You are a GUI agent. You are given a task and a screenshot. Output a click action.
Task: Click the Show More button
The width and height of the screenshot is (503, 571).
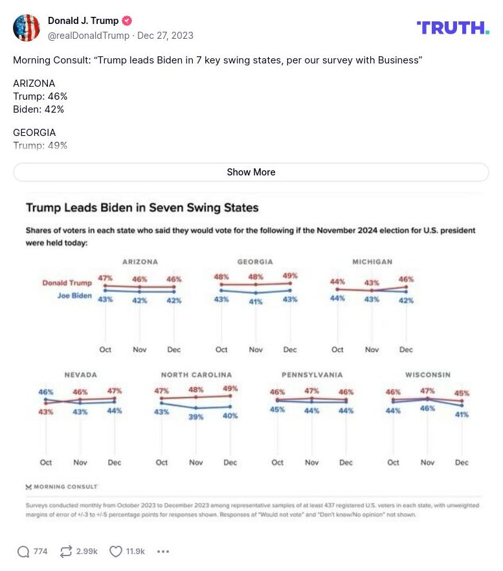251,172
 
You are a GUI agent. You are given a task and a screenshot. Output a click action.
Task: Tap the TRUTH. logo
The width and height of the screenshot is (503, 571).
453,27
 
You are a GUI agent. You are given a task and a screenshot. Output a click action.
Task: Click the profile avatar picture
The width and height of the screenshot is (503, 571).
27,28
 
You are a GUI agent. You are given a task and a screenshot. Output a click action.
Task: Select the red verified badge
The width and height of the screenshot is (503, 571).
128,21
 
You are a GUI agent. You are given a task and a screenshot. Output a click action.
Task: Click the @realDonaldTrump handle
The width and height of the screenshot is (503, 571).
88,36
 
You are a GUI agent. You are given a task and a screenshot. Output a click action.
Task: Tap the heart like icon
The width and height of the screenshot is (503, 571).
115,552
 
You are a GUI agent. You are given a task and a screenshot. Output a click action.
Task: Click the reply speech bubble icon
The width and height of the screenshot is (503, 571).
23,552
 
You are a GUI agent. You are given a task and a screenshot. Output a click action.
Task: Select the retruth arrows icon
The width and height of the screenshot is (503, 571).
65,552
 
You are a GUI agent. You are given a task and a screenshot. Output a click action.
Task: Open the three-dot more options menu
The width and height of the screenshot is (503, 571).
163,552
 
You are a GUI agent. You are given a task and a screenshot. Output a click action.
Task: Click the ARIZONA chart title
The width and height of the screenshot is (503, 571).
140,262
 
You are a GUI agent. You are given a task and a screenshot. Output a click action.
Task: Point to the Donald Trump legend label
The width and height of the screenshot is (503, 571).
67,283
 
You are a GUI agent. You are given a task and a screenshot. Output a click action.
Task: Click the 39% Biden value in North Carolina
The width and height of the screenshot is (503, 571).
196,418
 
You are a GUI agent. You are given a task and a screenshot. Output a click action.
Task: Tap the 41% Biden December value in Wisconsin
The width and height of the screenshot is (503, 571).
461,414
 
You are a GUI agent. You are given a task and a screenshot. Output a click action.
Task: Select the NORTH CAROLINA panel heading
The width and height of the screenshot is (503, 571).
196,375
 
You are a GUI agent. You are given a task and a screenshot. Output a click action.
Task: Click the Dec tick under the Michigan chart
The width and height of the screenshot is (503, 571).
406,350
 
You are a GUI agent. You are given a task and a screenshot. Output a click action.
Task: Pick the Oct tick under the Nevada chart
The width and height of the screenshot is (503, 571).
46,463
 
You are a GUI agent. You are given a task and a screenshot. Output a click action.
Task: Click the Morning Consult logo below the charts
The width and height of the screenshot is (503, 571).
61,486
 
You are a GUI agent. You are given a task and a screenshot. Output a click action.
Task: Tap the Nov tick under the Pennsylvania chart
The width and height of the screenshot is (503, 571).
311,463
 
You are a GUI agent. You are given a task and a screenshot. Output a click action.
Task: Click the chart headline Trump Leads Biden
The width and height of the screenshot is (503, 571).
142,208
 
